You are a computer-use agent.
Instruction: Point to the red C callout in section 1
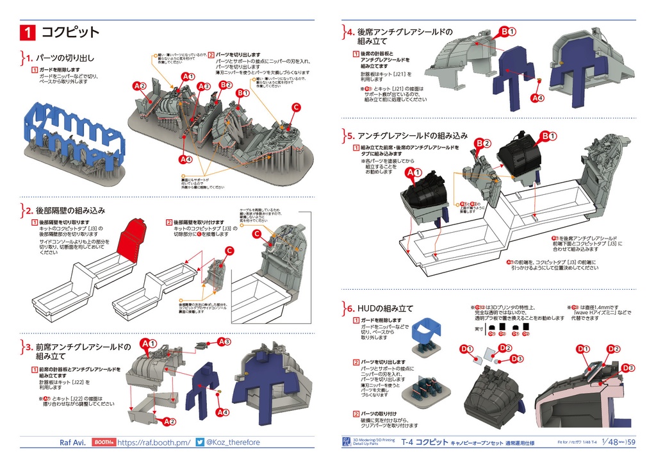click(296, 107)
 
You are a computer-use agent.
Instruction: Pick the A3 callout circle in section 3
click(224, 342)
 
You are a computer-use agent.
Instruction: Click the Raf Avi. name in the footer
click(73, 442)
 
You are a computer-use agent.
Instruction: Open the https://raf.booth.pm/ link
click(154, 442)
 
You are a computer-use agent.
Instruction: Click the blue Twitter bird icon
click(200, 442)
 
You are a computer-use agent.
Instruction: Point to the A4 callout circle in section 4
click(538, 98)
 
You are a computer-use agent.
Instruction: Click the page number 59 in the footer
click(631, 442)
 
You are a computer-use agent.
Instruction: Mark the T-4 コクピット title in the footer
click(425, 442)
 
